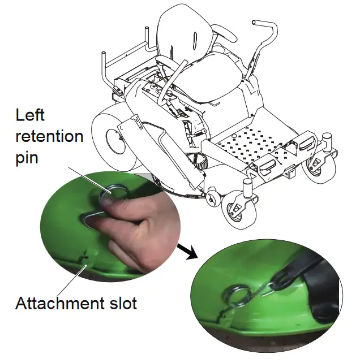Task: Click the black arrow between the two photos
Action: click(189, 250)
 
